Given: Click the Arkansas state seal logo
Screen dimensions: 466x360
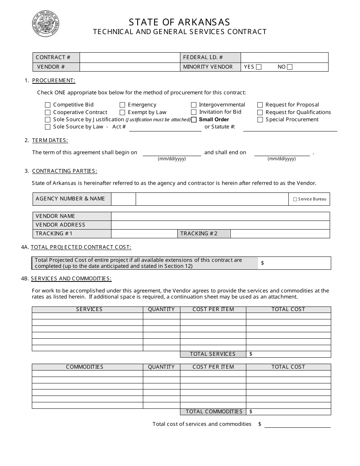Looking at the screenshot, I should (x=45, y=24).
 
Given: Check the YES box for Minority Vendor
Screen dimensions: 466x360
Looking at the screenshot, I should (x=259, y=67).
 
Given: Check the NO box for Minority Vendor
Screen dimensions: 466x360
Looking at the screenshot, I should (x=290, y=67).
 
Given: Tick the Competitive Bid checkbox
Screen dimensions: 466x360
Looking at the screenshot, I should (x=48, y=105).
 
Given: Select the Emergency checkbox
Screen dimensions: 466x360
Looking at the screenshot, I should (x=122, y=105).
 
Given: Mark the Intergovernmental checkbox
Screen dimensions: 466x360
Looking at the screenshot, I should (x=194, y=105).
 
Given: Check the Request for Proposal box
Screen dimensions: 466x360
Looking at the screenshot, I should (x=260, y=105).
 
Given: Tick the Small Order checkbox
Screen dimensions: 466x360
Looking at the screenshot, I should (x=194, y=120).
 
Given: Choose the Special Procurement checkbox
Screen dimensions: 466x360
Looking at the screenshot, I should (x=260, y=120).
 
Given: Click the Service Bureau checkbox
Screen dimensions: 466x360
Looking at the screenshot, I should (x=295, y=199).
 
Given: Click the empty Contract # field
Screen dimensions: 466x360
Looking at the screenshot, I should (x=130, y=58).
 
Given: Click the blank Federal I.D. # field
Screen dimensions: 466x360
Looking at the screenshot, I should (x=284, y=58).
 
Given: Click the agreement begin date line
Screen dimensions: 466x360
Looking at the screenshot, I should (x=172, y=153).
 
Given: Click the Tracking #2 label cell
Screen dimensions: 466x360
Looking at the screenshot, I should (x=204, y=234).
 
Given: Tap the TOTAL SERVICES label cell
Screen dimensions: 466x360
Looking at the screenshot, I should (x=213, y=354).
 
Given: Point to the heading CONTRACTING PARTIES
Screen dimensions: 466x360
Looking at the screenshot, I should (x=64, y=171).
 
